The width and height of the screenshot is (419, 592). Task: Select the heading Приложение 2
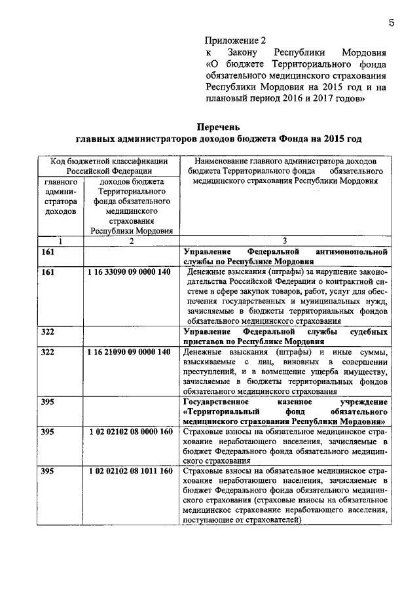coord(233,40)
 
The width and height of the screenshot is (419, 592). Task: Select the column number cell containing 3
coord(284,241)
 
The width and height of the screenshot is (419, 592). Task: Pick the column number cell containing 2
coord(131,241)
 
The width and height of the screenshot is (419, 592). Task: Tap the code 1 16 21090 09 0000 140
coord(129,353)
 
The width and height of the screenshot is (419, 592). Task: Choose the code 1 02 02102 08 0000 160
coord(129,432)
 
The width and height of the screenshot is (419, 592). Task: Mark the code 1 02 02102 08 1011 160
coord(129,470)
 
